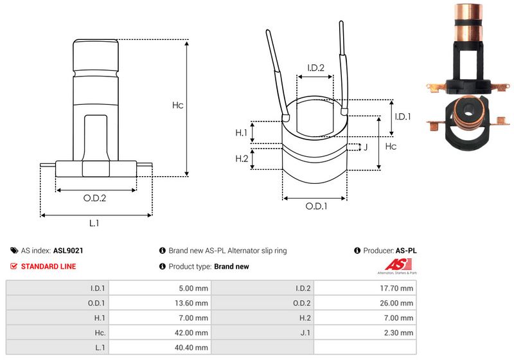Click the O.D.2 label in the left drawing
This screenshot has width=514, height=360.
click(x=94, y=198)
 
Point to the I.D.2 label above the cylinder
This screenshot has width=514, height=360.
click(x=315, y=67)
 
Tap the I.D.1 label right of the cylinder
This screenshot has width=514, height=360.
click(x=402, y=116)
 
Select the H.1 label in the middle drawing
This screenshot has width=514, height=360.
click(x=242, y=132)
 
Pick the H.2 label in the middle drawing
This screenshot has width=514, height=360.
click(x=242, y=159)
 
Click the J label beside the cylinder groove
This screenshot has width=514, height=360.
click(x=365, y=147)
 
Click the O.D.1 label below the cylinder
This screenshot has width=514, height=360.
click(x=315, y=206)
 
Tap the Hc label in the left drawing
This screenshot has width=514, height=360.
click(x=178, y=105)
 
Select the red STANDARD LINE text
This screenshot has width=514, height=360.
click(x=48, y=266)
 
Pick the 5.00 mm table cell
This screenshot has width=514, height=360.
click(x=193, y=289)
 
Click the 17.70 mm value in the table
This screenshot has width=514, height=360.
click(x=398, y=289)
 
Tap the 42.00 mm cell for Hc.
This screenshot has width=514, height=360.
click(x=192, y=333)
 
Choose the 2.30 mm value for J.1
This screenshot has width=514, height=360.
click(x=399, y=333)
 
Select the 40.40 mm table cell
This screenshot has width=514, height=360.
click(x=192, y=348)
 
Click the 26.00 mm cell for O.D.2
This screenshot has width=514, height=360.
click(x=398, y=303)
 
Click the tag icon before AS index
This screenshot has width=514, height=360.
click(x=14, y=251)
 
